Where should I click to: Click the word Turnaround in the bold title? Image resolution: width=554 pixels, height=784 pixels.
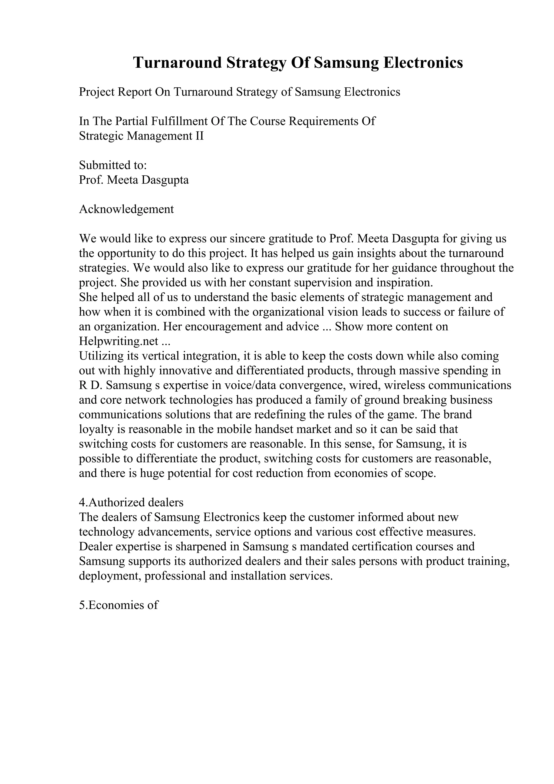[177, 63]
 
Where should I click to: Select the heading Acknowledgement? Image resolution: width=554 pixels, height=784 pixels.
[126, 209]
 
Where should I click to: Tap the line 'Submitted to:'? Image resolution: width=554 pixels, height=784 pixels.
[113, 165]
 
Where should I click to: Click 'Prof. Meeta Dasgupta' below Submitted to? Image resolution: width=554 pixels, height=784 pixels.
[134, 180]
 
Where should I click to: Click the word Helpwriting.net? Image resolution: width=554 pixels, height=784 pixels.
[119, 341]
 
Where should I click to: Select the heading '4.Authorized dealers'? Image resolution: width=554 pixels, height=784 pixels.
[131, 502]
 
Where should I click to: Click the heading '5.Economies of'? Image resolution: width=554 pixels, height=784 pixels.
[118, 605]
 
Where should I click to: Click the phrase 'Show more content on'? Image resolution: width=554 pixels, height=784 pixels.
[391, 327]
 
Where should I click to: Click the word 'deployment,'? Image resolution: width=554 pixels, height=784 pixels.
[110, 576]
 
